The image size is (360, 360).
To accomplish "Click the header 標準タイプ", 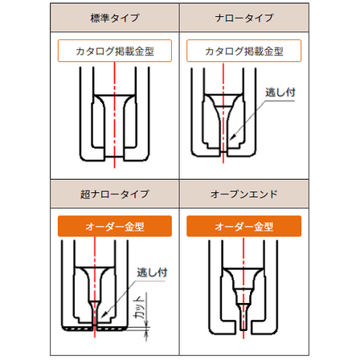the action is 115,18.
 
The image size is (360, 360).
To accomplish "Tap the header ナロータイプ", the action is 244,18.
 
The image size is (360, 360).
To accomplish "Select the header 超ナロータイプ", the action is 115,194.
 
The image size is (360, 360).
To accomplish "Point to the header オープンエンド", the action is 244,194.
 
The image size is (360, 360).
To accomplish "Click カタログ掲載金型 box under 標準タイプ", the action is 115,51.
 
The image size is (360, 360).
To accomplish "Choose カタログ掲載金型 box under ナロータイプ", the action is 244,51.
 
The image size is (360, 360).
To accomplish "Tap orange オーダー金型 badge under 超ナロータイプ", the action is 115,227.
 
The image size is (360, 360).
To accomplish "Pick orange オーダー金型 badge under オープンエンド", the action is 244,227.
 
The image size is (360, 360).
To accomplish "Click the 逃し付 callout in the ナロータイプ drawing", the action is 280,92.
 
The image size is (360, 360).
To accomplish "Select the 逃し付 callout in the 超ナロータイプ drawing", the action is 152,272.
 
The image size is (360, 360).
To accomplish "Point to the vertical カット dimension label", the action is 140,307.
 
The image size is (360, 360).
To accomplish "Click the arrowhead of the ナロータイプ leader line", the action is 233,137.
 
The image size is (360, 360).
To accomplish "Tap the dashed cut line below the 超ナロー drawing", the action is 95,329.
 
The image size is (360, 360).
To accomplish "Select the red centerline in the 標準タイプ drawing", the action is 114,115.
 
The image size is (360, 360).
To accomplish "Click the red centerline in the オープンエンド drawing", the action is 243,288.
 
